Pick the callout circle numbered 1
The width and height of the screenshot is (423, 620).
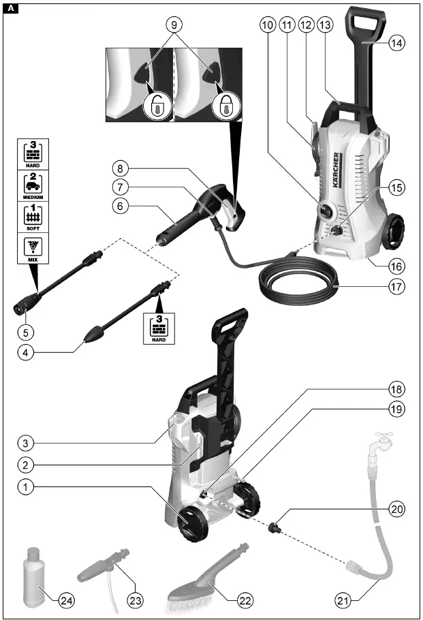pyautogui.click(x=25, y=487)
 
